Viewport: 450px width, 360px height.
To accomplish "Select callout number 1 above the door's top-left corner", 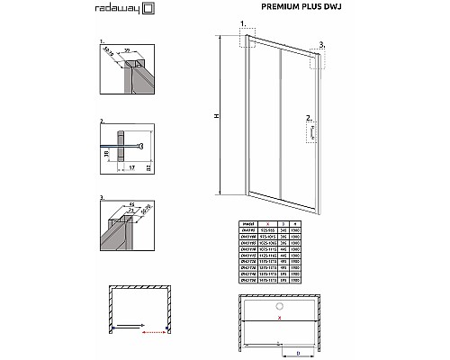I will coord(240,21).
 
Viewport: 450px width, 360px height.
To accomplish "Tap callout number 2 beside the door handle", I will coord(309,117).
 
